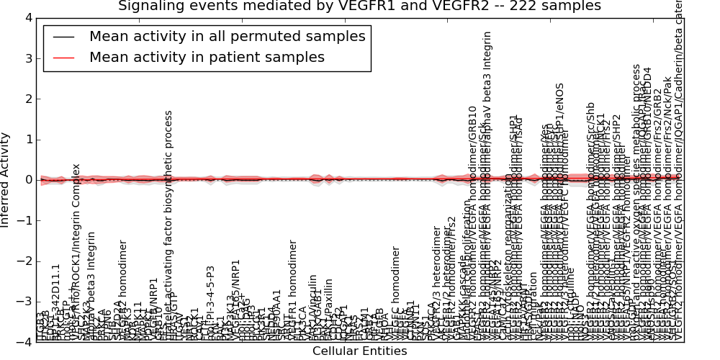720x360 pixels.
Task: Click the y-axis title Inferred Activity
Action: point(6,179)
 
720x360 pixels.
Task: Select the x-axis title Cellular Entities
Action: point(359,351)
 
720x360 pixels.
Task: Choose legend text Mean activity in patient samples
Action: point(207,57)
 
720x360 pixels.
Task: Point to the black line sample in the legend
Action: point(63,37)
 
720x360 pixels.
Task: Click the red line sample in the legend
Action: point(63,58)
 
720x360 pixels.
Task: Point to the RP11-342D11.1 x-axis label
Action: point(56,302)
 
